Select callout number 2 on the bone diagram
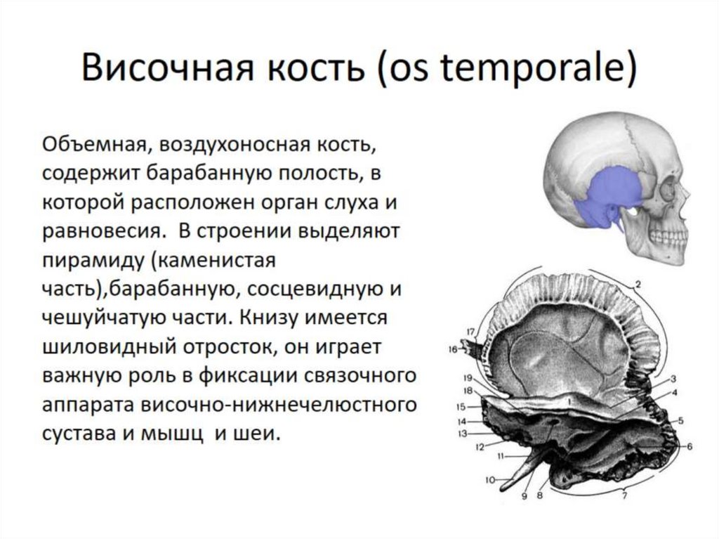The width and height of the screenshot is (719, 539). [638, 285]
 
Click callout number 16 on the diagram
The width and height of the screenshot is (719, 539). [454, 348]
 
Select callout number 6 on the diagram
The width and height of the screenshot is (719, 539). [690, 446]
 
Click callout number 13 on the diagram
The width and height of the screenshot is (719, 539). [462, 434]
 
